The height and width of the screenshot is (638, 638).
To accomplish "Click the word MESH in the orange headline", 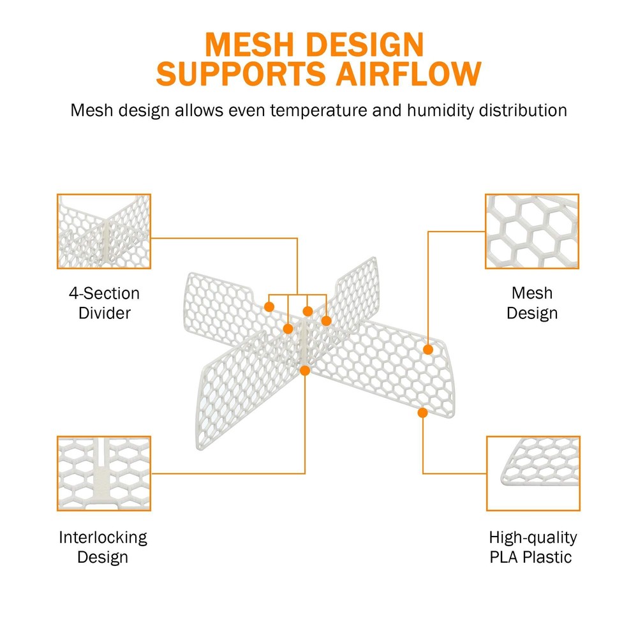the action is coord(249,45).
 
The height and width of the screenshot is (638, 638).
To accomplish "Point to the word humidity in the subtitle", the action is coord(440,110).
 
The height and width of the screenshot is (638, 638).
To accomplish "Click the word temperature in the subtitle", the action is coord(318,110).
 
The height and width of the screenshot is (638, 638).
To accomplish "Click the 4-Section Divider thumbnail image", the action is coord(104,232).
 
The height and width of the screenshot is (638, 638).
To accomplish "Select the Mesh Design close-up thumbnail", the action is coord(532,232).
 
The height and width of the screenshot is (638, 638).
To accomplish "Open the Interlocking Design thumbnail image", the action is coord(104,473).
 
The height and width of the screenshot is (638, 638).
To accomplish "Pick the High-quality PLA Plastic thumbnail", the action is coord(533,473).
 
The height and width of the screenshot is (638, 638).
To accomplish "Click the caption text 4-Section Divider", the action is coord(105,303).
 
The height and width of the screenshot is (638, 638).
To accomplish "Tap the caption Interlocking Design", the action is coord(103,547).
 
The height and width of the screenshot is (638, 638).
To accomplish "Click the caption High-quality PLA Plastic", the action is coord(533,547).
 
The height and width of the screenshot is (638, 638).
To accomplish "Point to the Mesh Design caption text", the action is coord(532,303).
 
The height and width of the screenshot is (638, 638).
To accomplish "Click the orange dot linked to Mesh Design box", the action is coord(428,349).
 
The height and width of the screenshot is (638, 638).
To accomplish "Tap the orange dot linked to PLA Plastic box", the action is coord(423,413).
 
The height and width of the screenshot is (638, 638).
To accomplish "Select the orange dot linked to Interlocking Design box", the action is coord(305,370).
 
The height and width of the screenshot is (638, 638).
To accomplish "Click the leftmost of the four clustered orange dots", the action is coord(269,307).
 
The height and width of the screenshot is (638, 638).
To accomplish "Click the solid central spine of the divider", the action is coord(304,343).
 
